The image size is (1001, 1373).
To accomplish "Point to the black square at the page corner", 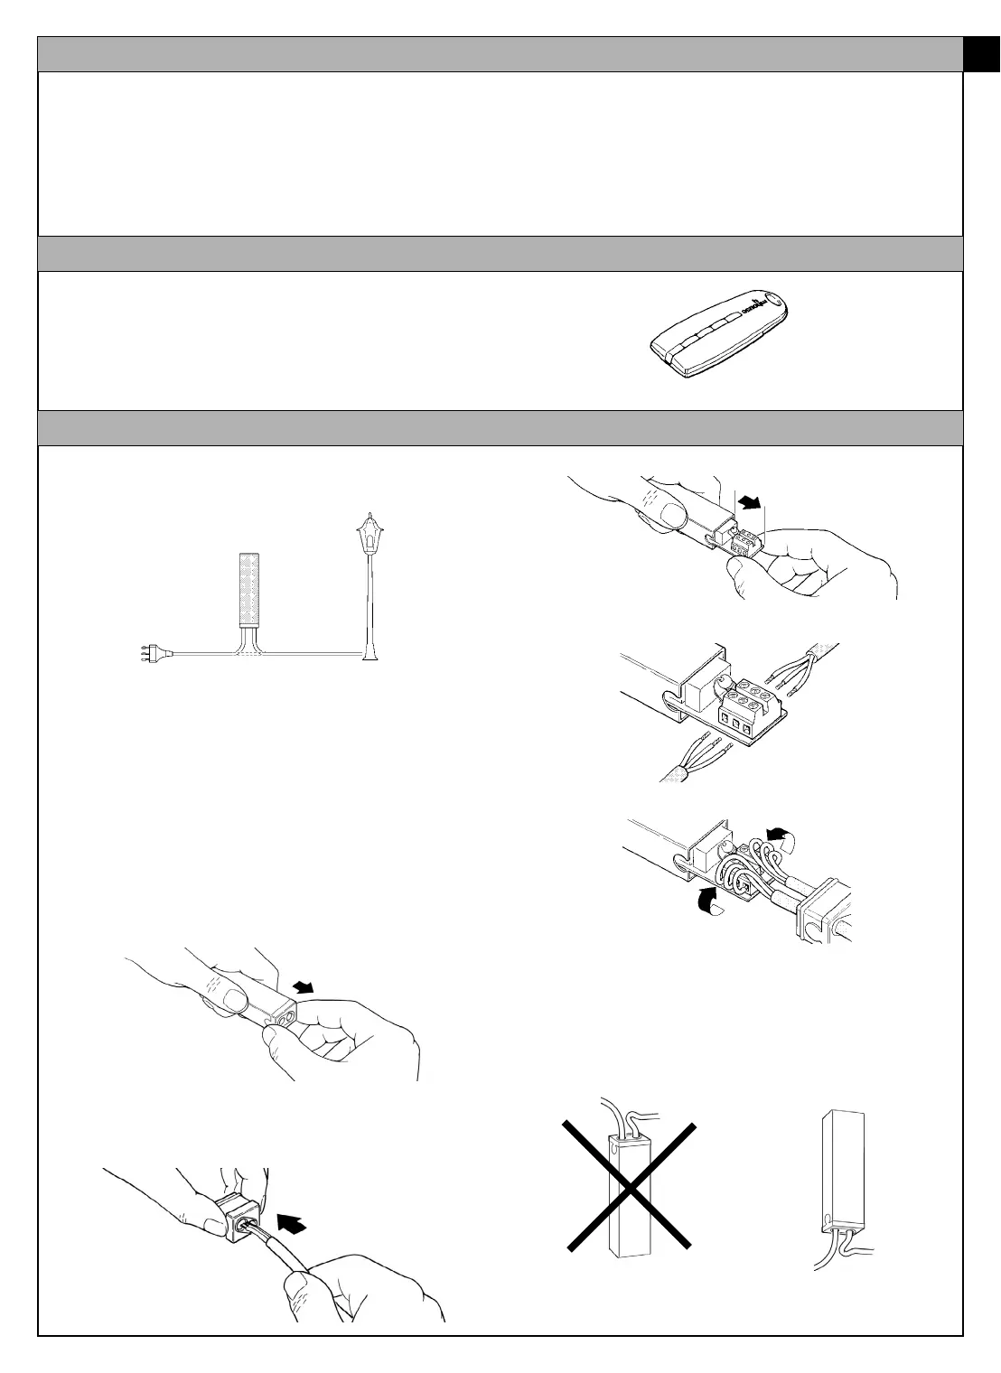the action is point(982,54).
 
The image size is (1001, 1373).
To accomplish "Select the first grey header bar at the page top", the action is point(500,54).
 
